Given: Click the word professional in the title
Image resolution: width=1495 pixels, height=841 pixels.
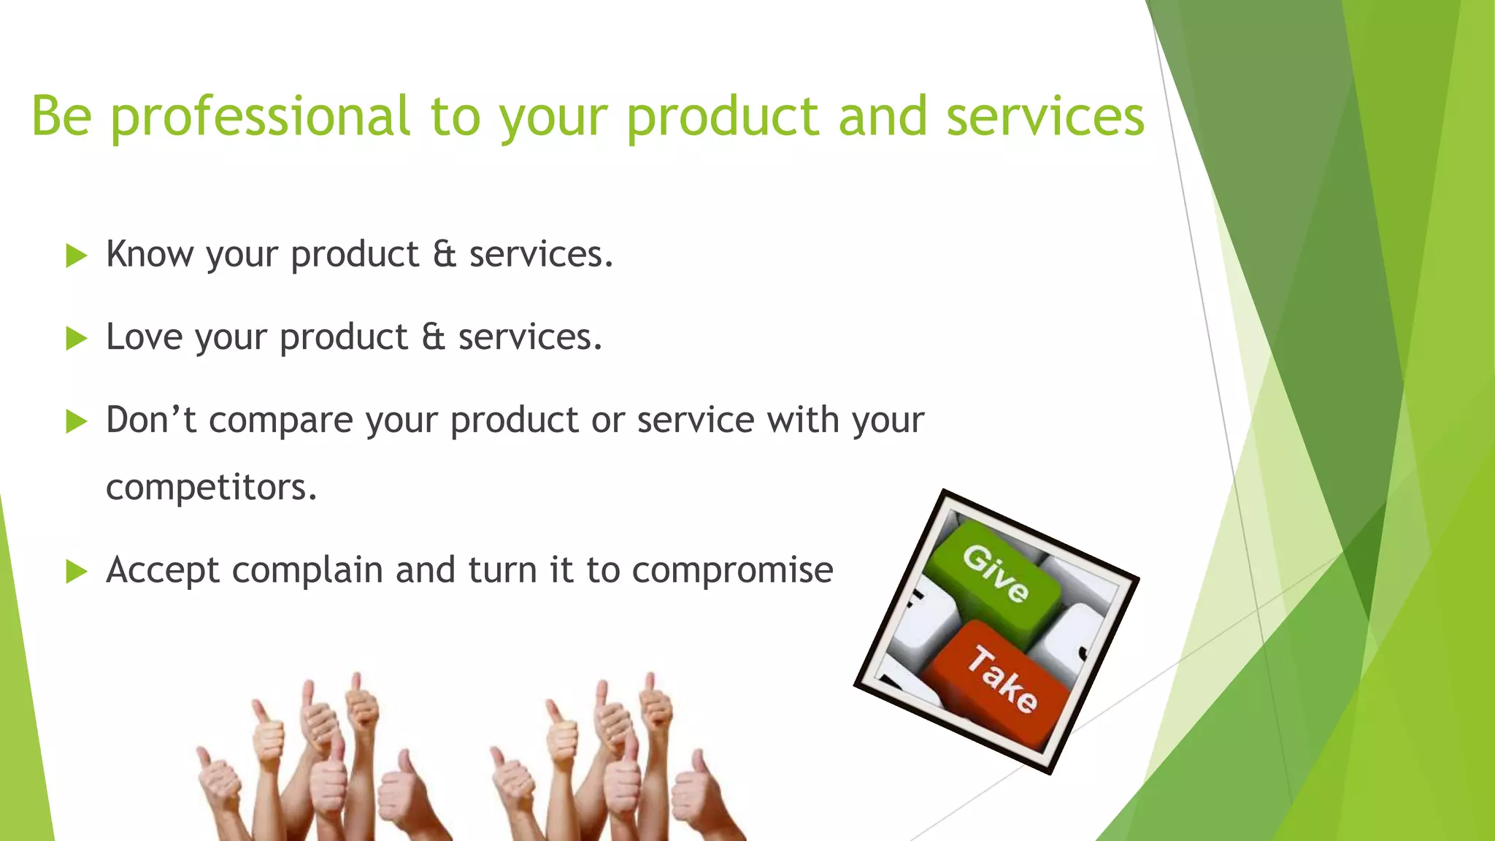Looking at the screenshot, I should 260,117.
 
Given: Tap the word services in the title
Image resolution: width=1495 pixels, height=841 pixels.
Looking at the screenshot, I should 1045,117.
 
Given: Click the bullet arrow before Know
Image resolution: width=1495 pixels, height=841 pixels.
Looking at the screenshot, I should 76,256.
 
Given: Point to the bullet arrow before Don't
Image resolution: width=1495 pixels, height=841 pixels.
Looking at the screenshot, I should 76,421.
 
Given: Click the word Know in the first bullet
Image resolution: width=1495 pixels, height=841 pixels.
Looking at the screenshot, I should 150,254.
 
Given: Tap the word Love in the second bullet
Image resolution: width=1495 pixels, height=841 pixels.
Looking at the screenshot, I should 144,337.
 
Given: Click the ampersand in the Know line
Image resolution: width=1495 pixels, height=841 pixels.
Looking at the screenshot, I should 444,254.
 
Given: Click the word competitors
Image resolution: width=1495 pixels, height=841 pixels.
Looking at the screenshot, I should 211,488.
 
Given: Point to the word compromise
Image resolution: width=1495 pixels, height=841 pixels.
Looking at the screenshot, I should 732,570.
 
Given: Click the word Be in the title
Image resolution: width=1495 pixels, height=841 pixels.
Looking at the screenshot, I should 61,117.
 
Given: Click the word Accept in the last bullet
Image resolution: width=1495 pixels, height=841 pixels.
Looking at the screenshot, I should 162,571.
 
